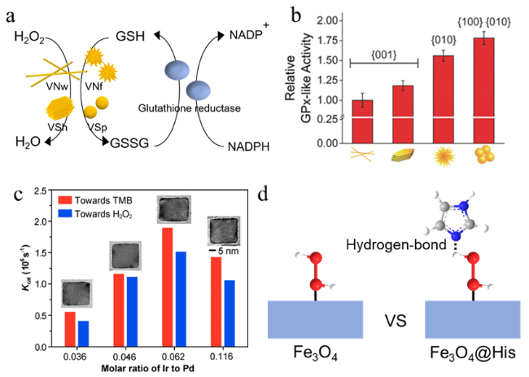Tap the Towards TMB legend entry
(x=107, y=199)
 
